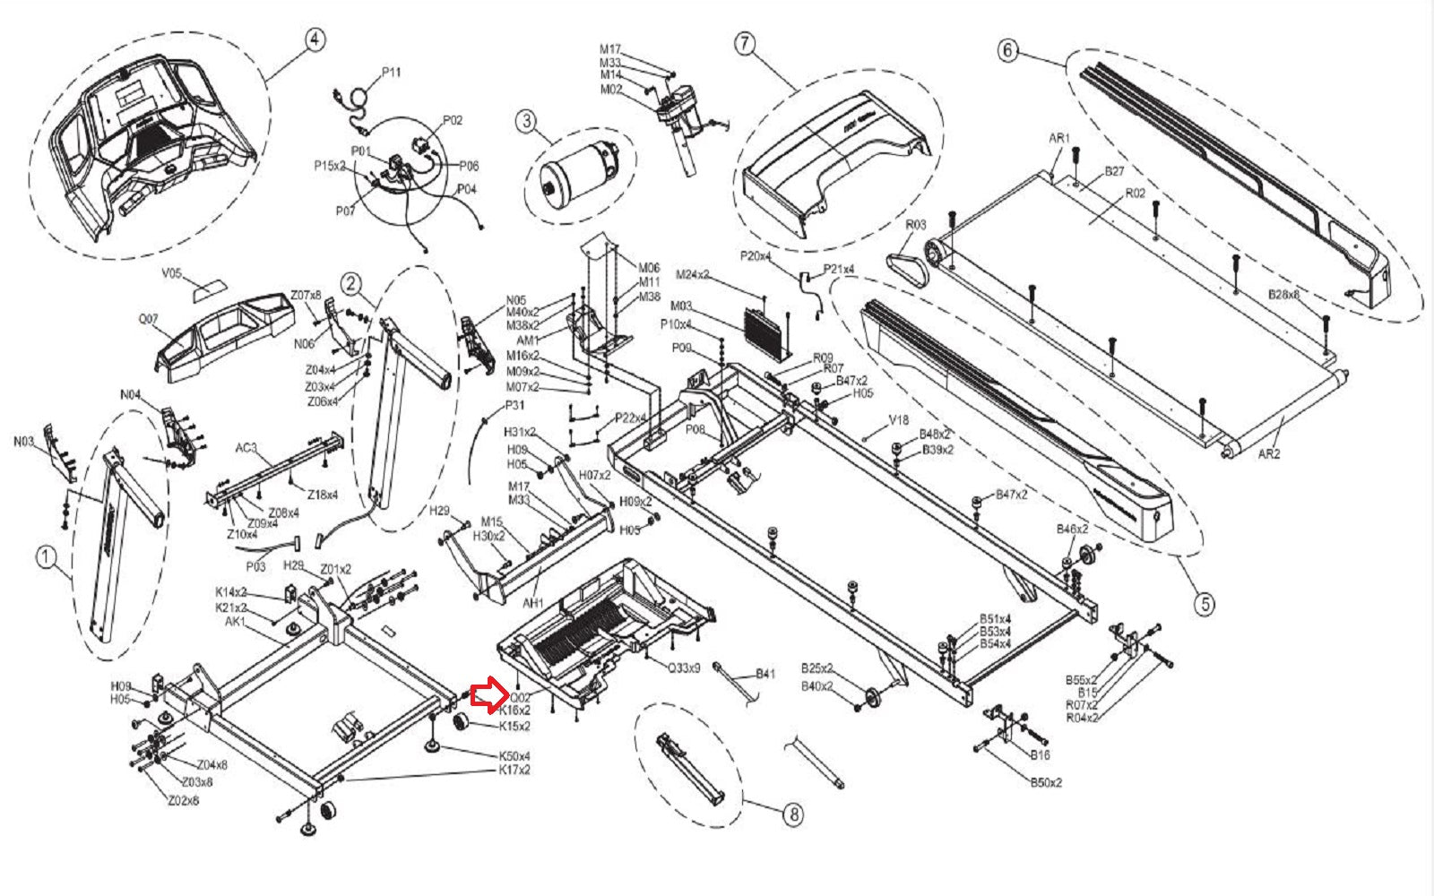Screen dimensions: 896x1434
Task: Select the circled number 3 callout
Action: coord(526,120)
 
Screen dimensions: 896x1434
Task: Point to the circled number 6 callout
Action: coord(1008,50)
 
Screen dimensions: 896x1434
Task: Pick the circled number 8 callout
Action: coord(793,814)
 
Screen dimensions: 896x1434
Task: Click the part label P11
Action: coord(392,73)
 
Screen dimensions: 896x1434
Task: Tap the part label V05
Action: coord(171,274)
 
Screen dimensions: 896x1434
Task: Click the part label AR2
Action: coord(1269,454)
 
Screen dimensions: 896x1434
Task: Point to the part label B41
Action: coord(765,674)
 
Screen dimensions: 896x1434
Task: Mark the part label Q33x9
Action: coord(685,668)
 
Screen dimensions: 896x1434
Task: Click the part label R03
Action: coord(915,226)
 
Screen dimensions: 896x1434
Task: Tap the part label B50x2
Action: coord(1045,782)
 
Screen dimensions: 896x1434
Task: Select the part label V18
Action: coord(898,420)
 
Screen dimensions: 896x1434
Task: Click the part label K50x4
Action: coord(514,757)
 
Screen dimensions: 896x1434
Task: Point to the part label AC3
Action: coord(246,448)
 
